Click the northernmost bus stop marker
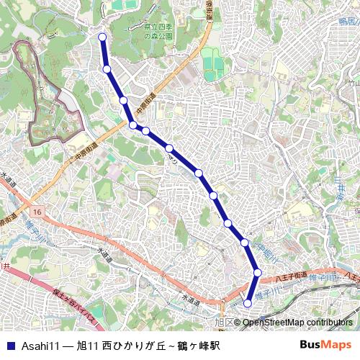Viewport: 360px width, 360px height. click(x=102, y=37)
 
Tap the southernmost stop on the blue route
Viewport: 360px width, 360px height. click(x=248, y=304)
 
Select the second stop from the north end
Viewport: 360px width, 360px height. click(x=107, y=69)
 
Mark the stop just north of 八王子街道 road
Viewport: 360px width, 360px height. click(x=257, y=272)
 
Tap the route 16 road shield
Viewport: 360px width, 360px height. click(x=37, y=212)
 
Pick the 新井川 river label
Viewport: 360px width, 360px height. click(x=338, y=188)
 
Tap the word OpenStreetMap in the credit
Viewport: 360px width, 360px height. click(x=273, y=323)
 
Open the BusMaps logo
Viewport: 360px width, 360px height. click(x=325, y=345)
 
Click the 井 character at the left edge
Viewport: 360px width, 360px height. click(x=4, y=266)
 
